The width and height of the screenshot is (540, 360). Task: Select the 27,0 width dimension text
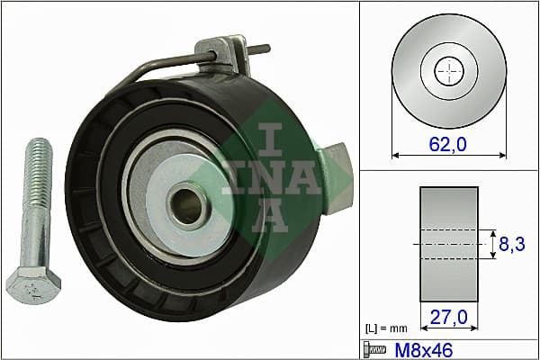[x=449, y=317]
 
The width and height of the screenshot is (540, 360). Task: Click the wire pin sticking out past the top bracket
[x=261, y=50]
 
